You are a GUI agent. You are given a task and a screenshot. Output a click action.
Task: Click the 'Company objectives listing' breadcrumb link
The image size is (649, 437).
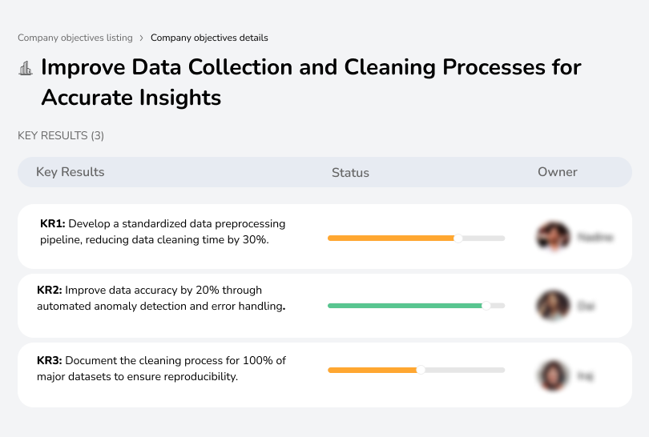(75, 38)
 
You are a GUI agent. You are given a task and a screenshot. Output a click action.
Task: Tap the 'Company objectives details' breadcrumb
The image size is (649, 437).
(209, 38)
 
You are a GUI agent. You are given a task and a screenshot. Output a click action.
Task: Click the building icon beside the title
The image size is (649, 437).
(26, 68)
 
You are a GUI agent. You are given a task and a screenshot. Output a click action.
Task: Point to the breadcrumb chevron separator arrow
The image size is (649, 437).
(141, 38)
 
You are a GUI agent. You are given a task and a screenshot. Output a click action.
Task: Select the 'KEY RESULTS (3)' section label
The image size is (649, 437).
(61, 136)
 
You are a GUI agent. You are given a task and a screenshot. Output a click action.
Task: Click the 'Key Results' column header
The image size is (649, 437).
(70, 172)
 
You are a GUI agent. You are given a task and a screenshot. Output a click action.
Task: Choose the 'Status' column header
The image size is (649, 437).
(350, 172)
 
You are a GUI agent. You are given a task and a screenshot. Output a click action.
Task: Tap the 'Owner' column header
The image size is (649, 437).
(557, 172)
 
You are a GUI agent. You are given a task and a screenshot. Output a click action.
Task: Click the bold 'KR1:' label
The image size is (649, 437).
(52, 224)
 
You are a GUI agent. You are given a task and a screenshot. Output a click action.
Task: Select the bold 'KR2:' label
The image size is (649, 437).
(50, 291)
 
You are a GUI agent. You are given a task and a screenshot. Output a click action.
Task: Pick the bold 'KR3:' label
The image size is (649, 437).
(50, 361)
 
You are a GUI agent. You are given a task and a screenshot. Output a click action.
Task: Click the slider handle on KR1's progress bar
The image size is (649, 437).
(458, 238)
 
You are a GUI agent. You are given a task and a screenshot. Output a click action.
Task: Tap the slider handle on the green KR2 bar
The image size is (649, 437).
(486, 305)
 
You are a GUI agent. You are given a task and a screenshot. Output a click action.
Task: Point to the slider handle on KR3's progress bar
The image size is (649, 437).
(421, 370)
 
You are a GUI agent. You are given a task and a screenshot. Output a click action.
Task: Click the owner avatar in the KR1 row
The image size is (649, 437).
(552, 237)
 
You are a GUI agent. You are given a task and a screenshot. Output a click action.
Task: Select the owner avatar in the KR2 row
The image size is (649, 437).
(552, 306)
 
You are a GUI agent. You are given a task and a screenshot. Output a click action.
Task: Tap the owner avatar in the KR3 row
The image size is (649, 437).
(552, 375)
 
